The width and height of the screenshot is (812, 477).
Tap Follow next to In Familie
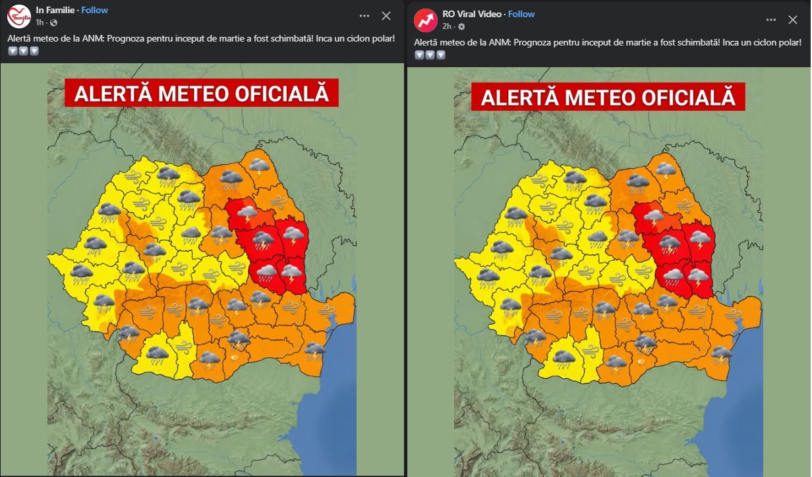(x=95, y=10)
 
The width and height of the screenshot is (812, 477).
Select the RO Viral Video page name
(x=469, y=14)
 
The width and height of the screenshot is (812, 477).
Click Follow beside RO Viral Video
(x=521, y=14)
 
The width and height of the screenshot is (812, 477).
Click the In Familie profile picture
(x=18, y=16)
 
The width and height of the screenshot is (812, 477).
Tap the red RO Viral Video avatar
(x=426, y=20)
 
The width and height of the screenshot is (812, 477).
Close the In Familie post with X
(x=387, y=16)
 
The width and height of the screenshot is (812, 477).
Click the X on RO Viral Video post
(x=793, y=20)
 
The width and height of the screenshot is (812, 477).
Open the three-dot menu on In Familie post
(x=364, y=16)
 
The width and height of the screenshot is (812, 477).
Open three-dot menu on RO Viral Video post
(x=770, y=20)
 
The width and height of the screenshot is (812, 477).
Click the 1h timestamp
(x=41, y=22)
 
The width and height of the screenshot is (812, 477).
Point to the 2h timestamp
(x=447, y=26)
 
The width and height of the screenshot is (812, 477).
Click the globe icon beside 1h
(x=53, y=22)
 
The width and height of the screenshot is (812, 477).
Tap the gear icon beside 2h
(x=461, y=26)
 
